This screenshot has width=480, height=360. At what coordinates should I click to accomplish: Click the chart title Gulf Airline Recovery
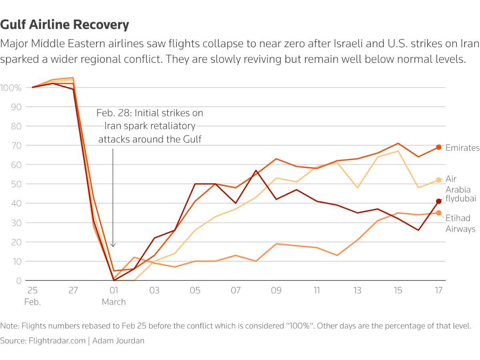pyautogui.click(x=65, y=25)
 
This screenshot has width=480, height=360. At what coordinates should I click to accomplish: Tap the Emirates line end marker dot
pyautogui.click(x=439, y=147)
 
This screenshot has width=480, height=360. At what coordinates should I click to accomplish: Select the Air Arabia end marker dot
pyautogui.click(x=439, y=180)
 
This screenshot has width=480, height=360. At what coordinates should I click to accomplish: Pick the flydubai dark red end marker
pyautogui.click(x=439, y=201)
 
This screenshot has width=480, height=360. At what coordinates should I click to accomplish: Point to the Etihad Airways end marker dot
pyautogui.click(x=439, y=213)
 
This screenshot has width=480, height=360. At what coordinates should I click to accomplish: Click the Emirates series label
pyautogui.click(x=462, y=148)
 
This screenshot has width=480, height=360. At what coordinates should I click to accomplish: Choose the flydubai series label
pyautogui.click(x=461, y=198)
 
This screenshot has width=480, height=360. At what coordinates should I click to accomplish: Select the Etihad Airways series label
pyautogui.click(x=461, y=223)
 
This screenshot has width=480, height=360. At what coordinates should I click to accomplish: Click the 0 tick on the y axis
pyautogui.click(x=18, y=281)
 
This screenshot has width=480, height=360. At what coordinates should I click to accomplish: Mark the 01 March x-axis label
pyautogui.click(x=114, y=296)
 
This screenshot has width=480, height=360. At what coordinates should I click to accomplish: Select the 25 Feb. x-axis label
pyautogui.click(x=32, y=296)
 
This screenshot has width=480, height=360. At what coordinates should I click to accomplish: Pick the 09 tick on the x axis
pyautogui.click(x=276, y=290)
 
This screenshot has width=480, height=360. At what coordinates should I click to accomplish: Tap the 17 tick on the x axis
pyautogui.click(x=439, y=290)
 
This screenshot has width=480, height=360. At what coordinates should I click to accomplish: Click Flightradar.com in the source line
pyautogui.click(x=57, y=341)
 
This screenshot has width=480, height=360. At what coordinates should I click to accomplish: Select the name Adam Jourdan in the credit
pyautogui.click(x=119, y=341)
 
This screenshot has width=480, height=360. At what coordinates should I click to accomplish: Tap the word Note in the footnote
pyautogui.click(x=8, y=326)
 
